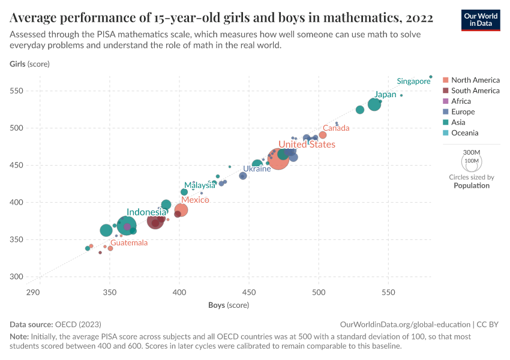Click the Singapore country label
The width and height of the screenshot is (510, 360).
(413, 81)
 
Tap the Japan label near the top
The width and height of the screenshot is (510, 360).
(385, 95)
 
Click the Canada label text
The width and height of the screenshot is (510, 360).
(336, 128)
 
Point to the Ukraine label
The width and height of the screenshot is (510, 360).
(257, 169)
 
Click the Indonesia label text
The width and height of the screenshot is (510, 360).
(146, 212)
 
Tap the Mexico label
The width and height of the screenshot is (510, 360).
(195, 200)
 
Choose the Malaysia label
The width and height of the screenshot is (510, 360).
(200, 185)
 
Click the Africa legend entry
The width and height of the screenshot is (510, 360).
(461, 101)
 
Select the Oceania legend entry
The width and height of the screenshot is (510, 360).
(465, 133)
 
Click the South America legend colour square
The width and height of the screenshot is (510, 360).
(445, 91)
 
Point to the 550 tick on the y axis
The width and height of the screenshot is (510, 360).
(17, 91)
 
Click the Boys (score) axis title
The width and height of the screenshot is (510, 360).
(229, 305)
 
